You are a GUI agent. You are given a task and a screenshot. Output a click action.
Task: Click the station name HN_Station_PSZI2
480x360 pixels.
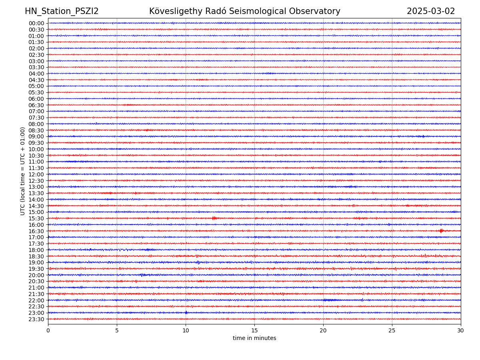tap(62, 12)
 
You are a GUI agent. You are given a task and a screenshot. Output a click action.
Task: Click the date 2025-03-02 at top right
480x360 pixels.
tap(431, 12)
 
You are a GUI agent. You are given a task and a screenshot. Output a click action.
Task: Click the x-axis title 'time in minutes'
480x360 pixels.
tap(254, 338)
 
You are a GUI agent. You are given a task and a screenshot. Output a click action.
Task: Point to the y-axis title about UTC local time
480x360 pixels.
tap(23, 171)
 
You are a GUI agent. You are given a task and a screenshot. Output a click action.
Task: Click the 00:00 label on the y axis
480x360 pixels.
tap(36, 23)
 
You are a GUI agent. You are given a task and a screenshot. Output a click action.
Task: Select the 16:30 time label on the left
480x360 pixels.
tap(36, 231)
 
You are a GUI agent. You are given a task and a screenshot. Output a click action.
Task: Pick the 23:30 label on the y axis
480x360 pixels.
tap(36, 319)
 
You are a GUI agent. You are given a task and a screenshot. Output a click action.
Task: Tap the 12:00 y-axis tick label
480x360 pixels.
tap(36, 174)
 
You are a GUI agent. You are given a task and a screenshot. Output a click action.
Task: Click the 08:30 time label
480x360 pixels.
tap(36, 130)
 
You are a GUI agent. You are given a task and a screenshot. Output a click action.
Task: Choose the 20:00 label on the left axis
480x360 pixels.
tap(36, 275)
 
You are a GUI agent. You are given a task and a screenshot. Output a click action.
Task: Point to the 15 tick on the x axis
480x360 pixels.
tap(254, 330)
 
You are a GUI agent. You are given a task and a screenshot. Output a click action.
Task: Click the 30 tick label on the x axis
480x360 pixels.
tap(461, 330)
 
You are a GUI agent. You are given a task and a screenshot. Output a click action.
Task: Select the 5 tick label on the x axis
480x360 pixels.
tap(117, 330)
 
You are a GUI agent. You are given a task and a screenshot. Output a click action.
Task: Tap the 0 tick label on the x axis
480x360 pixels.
tap(48, 330)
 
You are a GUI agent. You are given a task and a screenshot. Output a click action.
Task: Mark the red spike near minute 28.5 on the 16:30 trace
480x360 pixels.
tap(441, 231)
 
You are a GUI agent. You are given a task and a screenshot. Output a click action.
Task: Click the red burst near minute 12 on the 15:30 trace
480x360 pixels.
tap(214, 218)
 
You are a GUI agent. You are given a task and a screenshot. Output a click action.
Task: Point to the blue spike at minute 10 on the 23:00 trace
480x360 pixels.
tap(186, 312)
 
